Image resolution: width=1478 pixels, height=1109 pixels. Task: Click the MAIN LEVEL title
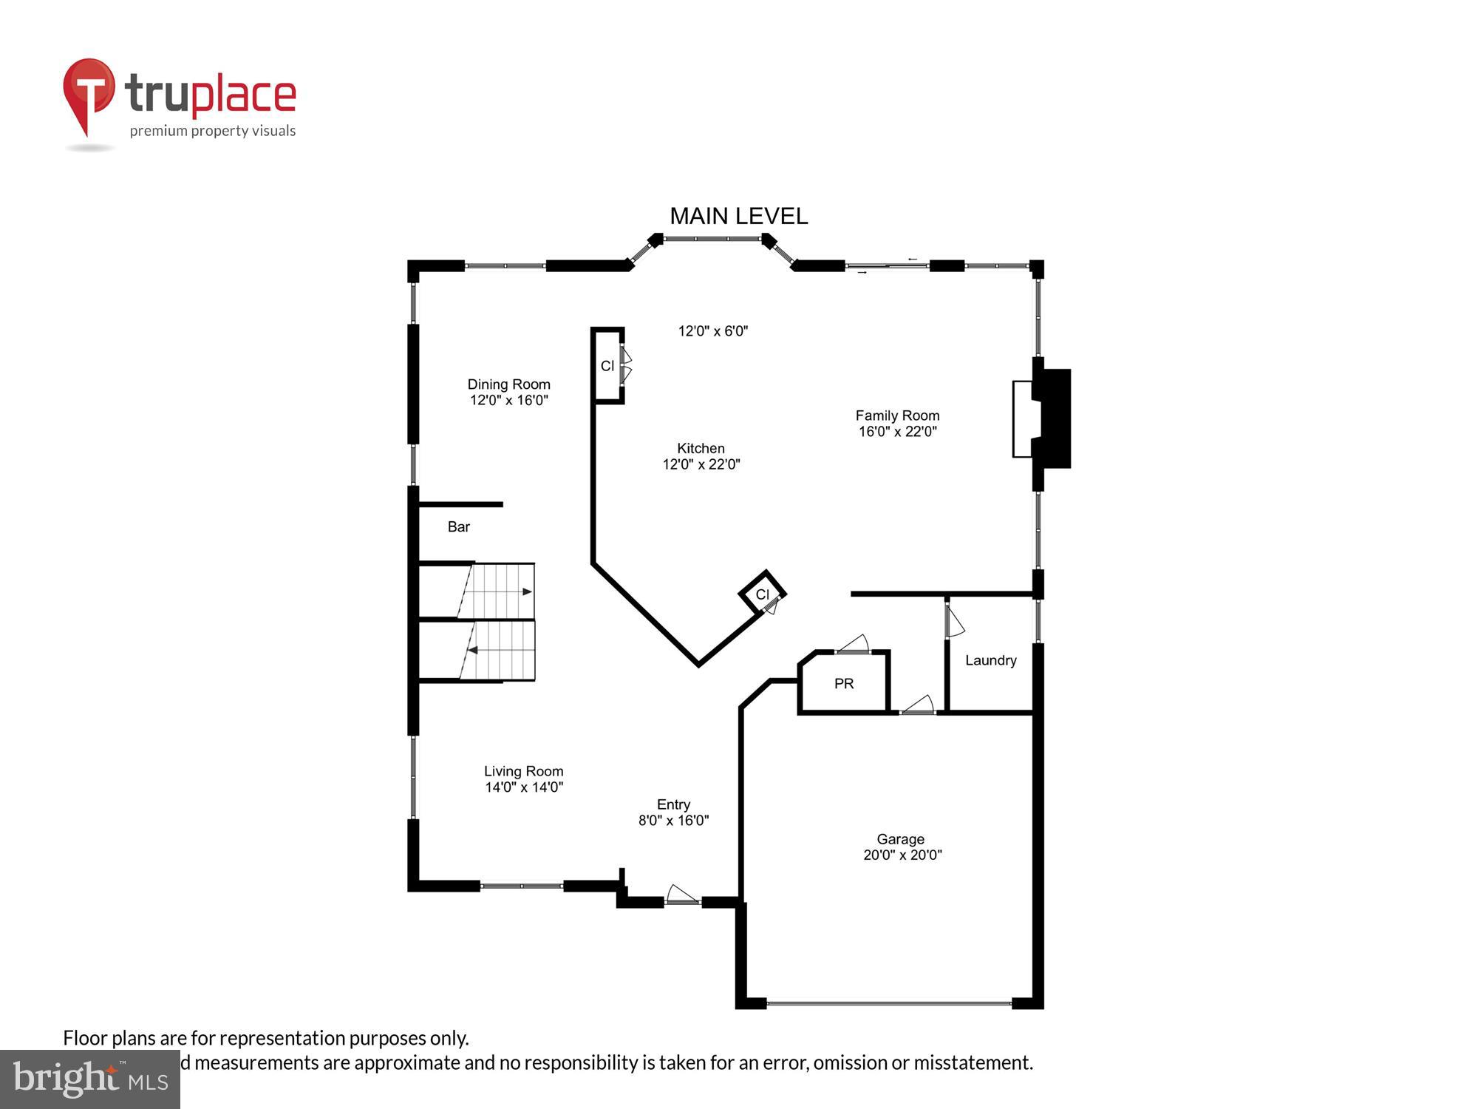tap(738, 216)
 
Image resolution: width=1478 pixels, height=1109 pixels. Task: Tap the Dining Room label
tap(508, 384)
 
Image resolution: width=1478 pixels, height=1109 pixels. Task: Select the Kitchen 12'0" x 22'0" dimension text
tap(701, 464)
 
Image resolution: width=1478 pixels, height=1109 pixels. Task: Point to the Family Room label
tap(897, 416)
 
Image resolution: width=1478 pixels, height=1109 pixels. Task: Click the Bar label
tap(458, 526)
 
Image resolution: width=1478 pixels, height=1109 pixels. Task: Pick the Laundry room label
tap(990, 660)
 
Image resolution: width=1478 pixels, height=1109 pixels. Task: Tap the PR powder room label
tap(844, 684)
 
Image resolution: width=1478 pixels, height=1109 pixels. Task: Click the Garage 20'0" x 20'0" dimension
tap(902, 855)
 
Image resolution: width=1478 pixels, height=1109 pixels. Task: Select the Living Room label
tap(523, 771)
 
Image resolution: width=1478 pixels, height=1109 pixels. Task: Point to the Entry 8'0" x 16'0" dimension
tap(673, 820)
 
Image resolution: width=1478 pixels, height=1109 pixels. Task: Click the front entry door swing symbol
tap(681, 895)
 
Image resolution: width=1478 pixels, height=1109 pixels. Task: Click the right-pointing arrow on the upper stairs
tap(527, 591)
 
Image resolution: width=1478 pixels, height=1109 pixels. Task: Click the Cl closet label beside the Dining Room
tap(607, 366)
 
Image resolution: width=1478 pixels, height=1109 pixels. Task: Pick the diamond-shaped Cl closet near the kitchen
tap(762, 594)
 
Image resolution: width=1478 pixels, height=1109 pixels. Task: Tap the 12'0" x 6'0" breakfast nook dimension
tap(713, 331)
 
